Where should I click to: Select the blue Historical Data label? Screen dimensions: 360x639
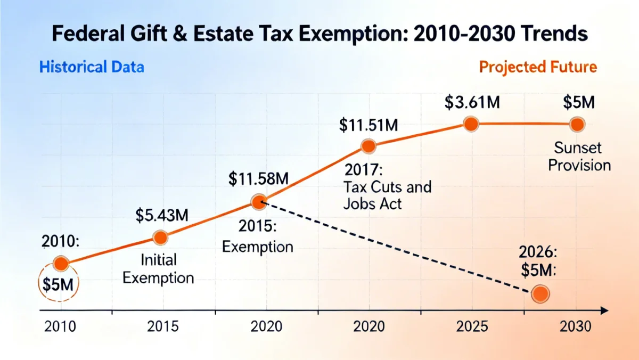[92, 68]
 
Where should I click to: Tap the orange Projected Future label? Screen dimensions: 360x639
[538, 68]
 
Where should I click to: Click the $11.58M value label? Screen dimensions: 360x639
[258, 178]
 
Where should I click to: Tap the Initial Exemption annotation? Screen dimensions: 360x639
[159, 269]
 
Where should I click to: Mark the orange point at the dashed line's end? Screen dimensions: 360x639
[540, 293]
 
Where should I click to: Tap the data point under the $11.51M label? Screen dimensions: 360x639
[368, 146]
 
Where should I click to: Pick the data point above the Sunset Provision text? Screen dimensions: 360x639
[577, 125]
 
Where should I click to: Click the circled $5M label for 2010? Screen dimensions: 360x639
[59, 284]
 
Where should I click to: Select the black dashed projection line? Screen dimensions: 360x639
[399, 248]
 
